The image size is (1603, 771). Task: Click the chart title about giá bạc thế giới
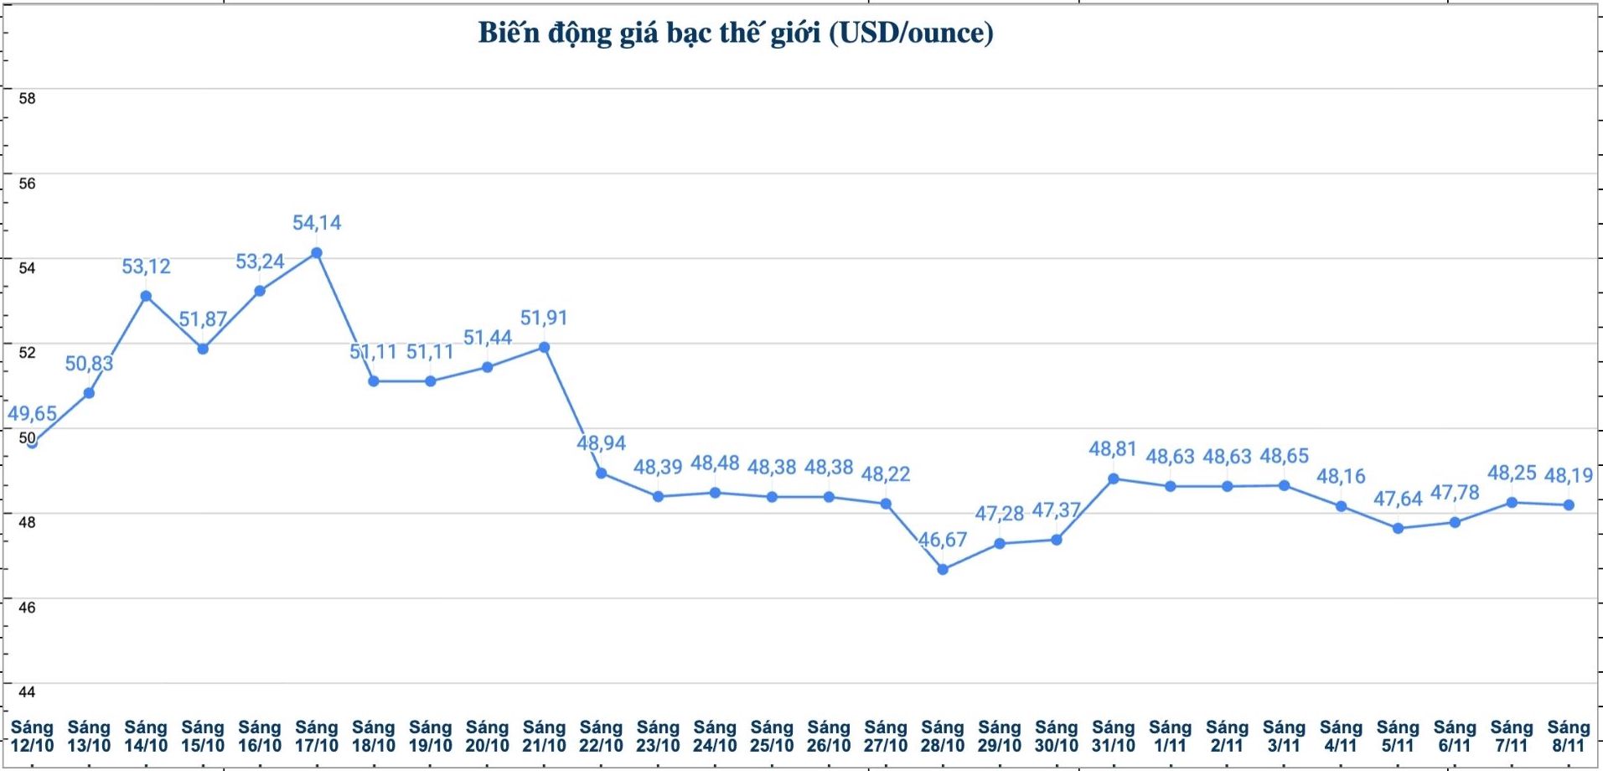(736, 34)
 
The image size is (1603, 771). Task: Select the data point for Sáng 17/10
(317, 253)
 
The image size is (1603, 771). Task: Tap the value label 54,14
(317, 223)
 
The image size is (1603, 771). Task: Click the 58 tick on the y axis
(28, 99)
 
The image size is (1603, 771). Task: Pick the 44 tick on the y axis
(28, 692)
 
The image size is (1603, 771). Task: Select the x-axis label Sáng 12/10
(32, 737)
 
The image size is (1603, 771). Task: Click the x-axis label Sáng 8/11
(1568, 737)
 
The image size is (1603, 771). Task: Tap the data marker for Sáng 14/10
(146, 296)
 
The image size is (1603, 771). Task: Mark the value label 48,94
(601, 443)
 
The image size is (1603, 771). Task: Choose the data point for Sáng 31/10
(1114, 479)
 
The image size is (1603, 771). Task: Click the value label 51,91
(544, 318)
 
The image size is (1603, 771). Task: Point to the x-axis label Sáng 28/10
(943, 737)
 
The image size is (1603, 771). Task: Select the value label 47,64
(1398, 499)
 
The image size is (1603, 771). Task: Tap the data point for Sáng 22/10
(602, 473)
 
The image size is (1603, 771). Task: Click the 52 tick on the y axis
(28, 353)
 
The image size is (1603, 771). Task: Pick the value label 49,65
(33, 414)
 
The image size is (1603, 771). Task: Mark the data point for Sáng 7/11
(1512, 503)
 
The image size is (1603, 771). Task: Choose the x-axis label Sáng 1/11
(1170, 737)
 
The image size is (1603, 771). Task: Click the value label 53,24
(260, 262)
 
